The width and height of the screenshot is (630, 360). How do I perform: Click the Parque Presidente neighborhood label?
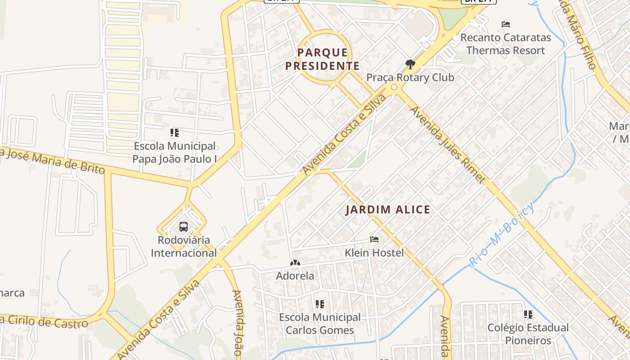coord(322,59)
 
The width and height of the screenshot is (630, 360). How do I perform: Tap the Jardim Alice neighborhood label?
coord(387,210)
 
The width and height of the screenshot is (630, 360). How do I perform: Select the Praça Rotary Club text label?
coord(410,77)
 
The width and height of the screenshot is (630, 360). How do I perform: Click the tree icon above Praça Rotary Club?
coord(409,65)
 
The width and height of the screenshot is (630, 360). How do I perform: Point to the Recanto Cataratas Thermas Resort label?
coord(505,44)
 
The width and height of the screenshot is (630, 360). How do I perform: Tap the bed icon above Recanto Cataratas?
coord(506,24)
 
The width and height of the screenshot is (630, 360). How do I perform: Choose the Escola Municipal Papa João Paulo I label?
coord(175,153)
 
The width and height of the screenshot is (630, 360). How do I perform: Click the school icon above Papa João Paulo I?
coord(175,133)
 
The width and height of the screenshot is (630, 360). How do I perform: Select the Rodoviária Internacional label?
coord(184,246)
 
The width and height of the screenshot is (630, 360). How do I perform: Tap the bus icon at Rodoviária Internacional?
coord(184,226)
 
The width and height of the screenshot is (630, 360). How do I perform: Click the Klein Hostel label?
coord(374,253)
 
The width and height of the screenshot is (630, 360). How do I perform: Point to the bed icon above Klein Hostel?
coord(374,239)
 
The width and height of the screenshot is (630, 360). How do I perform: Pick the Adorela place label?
coord(295,276)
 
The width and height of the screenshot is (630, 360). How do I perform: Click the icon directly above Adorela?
coord(295,263)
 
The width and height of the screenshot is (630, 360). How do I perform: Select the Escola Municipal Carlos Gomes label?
coord(319,324)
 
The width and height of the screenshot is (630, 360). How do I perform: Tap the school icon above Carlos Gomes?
coord(319,304)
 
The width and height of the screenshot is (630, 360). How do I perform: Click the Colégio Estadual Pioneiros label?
coord(528,333)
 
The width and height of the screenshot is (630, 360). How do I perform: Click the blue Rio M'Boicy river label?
coord(503,234)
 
